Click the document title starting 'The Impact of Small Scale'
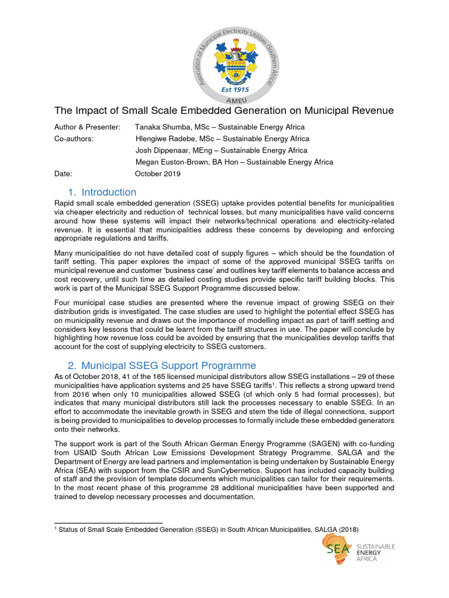(x=224, y=110)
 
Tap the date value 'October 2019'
(x=158, y=173)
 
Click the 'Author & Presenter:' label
(x=87, y=127)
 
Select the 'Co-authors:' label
(x=74, y=138)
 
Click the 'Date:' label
(x=63, y=173)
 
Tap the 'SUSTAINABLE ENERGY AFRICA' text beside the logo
(x=375, y=552)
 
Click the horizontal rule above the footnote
(x=108, y=523)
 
